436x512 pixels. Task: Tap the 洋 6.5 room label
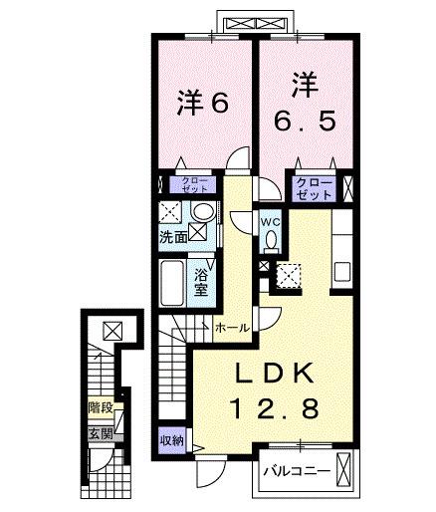pyautogui.click(x=306, y=101)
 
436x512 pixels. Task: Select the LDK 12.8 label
pyautogui.click(x=275, y=390)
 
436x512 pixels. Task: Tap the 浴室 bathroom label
pyautogui.click(x=200, y=281)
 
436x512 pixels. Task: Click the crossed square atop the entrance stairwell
pyautogui.click(x=111, y=331)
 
